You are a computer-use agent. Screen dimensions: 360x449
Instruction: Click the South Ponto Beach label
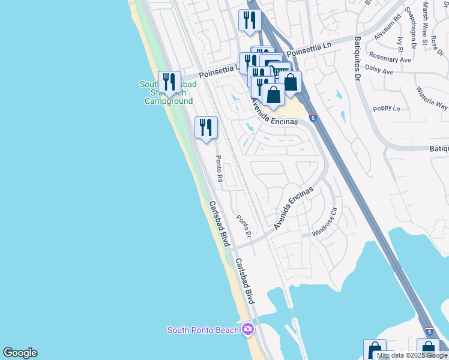[203, 330]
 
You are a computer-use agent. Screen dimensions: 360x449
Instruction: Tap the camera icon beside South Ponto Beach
[248, 329]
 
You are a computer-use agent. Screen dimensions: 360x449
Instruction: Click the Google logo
[20, 353]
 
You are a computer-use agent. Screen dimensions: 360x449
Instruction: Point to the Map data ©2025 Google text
[412, 356]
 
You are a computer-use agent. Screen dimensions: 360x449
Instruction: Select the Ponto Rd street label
[219, 169]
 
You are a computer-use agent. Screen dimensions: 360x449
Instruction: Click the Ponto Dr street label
[243, 226]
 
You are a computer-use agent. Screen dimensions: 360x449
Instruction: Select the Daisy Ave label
[379, 72]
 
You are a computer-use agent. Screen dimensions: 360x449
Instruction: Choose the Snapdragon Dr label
[411, 27]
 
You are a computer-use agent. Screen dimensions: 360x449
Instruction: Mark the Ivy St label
[400, 45]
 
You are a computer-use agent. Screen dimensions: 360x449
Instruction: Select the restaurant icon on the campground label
[170, 82]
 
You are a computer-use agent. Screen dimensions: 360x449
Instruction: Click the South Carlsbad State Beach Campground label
[169, 93]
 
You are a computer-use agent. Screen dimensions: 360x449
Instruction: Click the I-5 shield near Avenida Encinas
[312, 118]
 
